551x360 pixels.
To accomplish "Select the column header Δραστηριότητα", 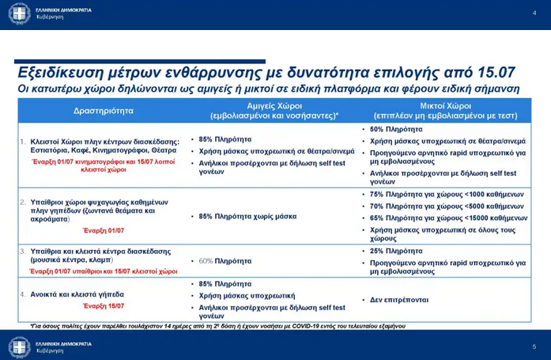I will coord(103,111).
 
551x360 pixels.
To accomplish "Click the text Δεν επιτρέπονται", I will coord(399,300).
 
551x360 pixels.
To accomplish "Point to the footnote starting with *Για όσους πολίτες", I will coord(225,325).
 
